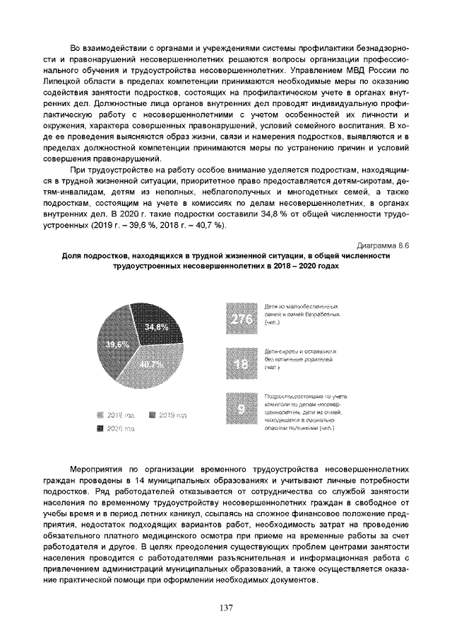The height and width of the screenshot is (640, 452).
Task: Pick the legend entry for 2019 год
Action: pos(167,415)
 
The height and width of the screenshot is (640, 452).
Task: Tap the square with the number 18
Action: pos(242,363)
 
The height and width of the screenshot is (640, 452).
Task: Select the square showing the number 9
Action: pos(242,410)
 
